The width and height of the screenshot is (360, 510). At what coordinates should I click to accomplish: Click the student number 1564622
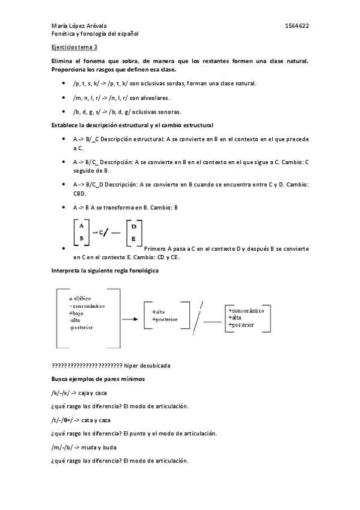click(297, 26)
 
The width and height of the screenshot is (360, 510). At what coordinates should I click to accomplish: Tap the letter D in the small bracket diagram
click(133, 226)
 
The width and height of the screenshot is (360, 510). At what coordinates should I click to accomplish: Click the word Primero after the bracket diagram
click(158, 248)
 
